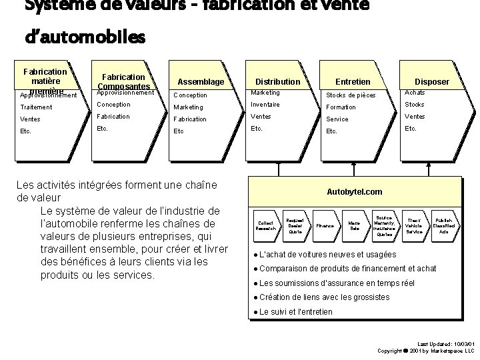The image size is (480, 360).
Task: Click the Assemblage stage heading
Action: tap(200, 82)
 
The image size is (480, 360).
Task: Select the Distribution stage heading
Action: tap(279, 82)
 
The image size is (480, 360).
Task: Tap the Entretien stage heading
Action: tap(353, 81)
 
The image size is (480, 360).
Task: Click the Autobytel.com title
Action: tap(355, 192)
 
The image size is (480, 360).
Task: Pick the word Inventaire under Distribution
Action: tap(265, 105)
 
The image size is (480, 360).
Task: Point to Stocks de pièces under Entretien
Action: tap(351, 95)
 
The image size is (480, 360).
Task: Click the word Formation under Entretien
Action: tap(341, 107)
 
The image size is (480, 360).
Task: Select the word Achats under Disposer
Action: tap(415, 93)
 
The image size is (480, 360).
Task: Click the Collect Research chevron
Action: tap(265, 226)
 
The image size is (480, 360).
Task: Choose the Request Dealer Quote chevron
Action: tap(295, 226)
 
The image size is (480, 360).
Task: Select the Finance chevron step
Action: tap(325, 226)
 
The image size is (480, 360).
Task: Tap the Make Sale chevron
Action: tap(354, 226)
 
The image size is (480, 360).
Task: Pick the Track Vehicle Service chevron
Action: tap(414, 226)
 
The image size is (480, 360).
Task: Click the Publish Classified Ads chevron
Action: tap(444, 226)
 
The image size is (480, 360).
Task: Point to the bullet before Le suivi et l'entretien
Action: tap(256, 312)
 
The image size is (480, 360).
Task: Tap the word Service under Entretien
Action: tap(337, 119)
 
